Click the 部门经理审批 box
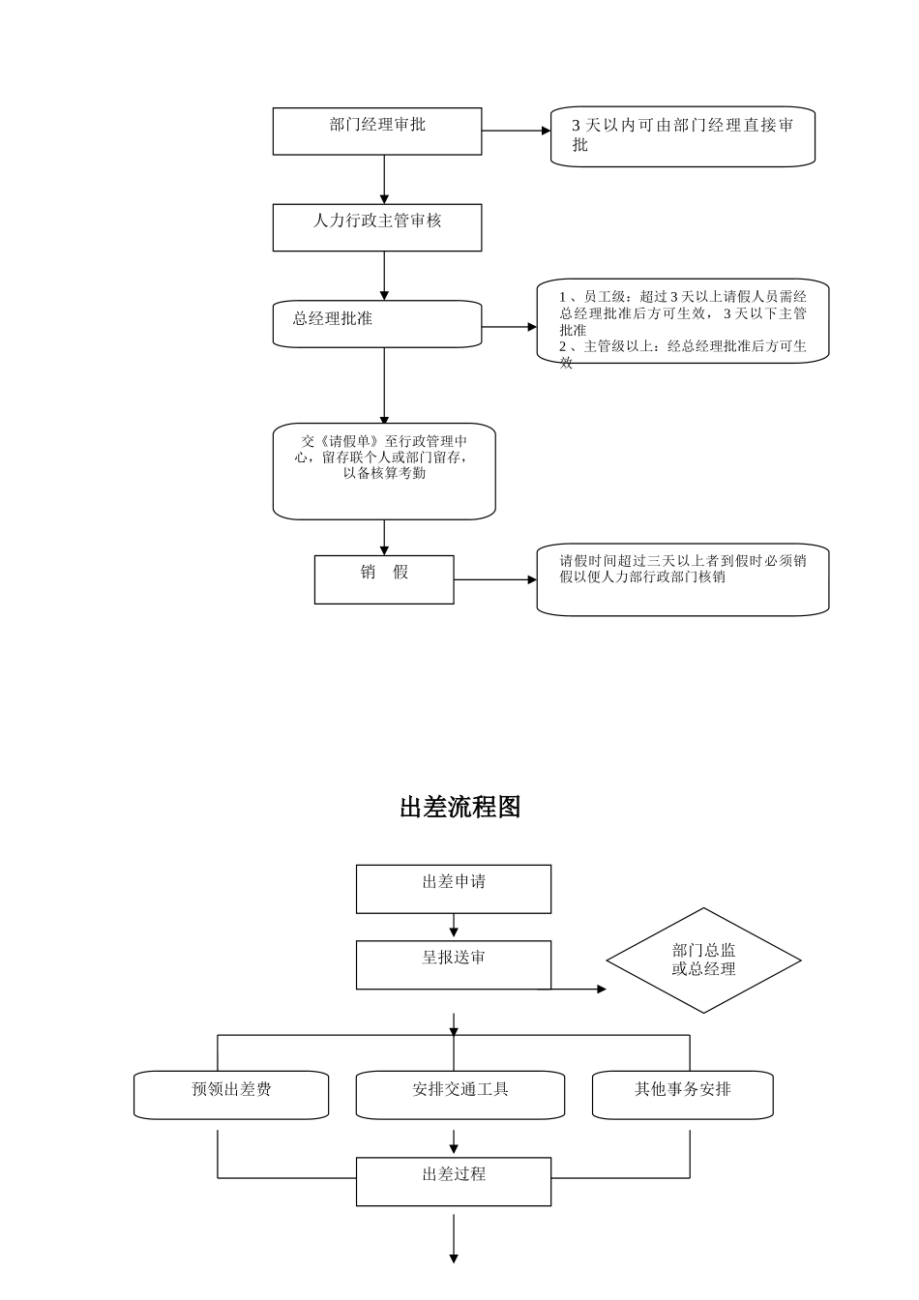pos(376,132)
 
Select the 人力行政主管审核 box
pos(376,227)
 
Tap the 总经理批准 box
pos(376,324)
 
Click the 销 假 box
pos(384,579)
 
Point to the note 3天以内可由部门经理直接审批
pos(682,136)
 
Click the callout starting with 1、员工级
pos(682,321)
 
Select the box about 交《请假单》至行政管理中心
pos(384,471)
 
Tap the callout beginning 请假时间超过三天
pos(682,579)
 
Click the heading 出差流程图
pos(459,807)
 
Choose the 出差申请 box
pos(453,889)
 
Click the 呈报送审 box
pos(453,964)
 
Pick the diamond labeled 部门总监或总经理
pos(703,960)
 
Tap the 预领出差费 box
pos(231,1095)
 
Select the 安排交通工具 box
pos(459,1095)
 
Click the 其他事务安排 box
pos(682,1095)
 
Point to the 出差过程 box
pos(453,1181)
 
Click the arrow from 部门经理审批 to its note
pos(516,131)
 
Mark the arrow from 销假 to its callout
pos(494,579)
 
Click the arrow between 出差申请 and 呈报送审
pos(454,927)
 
